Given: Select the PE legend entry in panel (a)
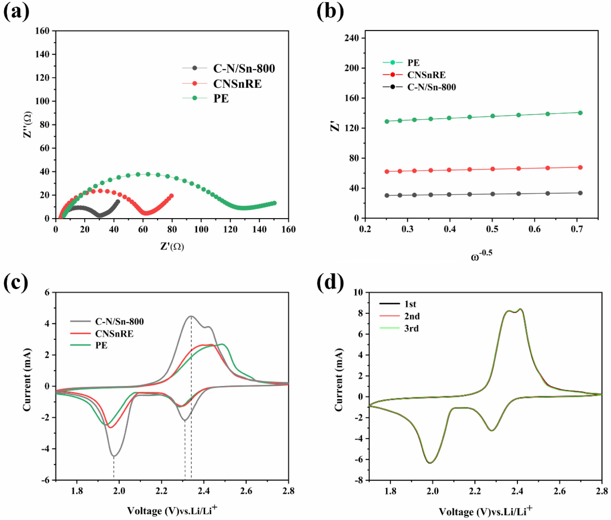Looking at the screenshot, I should [x=221, y=99].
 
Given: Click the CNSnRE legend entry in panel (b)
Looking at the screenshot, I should [x=426, y=75].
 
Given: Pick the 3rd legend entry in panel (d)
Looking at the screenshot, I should [x=411, y=328].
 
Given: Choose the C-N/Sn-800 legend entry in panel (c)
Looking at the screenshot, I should [x=119, y=322].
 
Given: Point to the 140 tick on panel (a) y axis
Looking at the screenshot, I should [x=42, y=54].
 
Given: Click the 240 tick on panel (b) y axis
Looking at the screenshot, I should [x=352, y=38].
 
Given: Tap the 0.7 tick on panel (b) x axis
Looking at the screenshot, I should [x=577, y=229].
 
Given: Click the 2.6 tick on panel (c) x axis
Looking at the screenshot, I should [x=246, y=491].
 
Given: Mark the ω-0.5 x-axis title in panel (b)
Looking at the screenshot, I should [x=481, y=256].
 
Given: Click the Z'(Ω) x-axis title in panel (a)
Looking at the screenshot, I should [x=172, y=246].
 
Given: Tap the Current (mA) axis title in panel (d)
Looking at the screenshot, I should [x=338, y=380].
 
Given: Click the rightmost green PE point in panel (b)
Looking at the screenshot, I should [x=580, y=113].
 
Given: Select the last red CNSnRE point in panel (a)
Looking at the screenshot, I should [x=171, y=196].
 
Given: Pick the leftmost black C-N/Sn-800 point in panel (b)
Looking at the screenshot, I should [x=387, y=195].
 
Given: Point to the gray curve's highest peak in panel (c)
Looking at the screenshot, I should [x=191, y=316].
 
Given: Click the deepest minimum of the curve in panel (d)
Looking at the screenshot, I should [x=430, y=463].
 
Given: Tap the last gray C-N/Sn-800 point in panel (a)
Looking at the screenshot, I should [x=118, y=202].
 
